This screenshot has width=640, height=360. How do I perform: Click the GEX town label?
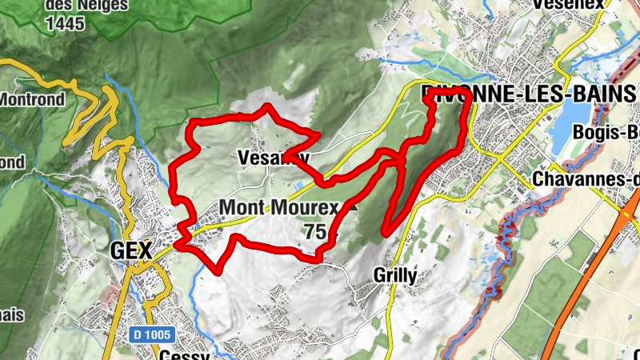(x=130, y=250)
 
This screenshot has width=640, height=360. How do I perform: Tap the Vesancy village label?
(x=273, y=158)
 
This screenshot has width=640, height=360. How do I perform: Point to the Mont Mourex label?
(x=278, y=208)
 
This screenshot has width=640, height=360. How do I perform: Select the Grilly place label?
(x=395, y=276)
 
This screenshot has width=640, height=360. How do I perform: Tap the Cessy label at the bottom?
(x=184, y=354)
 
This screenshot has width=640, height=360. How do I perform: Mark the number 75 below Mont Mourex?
(x=314, y=232)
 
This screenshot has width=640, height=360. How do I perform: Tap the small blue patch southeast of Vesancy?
(x=298, y=186)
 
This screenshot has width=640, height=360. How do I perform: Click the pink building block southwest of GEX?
(x=110, y=294)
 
